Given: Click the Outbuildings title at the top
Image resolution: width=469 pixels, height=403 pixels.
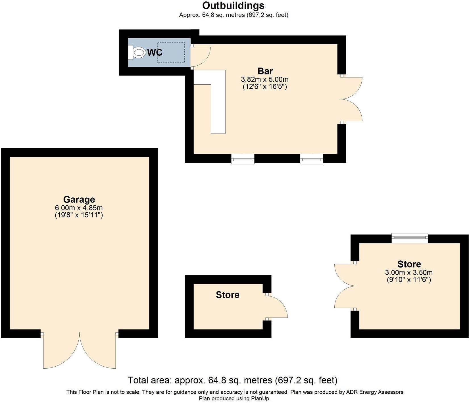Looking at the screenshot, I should pyautogui.click(x=233, y=5).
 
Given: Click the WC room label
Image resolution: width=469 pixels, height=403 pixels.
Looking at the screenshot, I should pyautogui.click(x=155, y=53).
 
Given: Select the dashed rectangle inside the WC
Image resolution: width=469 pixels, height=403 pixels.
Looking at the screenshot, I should pyautogui.click(x=171, y=53).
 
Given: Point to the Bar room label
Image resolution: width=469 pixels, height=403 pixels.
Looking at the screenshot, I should pyautogui.click(x=265, y=71).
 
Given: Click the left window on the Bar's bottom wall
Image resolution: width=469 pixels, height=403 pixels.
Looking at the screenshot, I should pyautogui.click(x=243, y=159).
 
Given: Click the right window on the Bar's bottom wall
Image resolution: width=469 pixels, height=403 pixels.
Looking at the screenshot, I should pyautogui.click(x=312, y=159).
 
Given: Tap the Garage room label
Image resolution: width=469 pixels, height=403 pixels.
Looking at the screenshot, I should pyautogui.click(x=79, y=199).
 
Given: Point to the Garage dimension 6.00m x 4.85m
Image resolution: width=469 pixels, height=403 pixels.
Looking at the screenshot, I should pyautogui.click(x=79, y=208).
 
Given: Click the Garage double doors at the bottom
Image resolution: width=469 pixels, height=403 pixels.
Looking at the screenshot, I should pyautogui.click(x=80, y=351).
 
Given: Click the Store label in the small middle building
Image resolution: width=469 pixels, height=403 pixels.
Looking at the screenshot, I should pyautogui.click(x=228, y=295).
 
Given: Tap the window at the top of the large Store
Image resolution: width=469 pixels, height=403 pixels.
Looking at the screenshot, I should pyautogui.click(x=409, y=238).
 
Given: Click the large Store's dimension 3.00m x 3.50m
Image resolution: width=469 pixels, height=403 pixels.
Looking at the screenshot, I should pyautogui.click(x=409, y=273).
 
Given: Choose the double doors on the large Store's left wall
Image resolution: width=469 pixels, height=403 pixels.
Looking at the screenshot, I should pyautogui.click(x=344, y=286).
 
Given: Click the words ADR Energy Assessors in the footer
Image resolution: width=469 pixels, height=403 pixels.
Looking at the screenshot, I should pyautogui.click(x=374, y=392).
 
